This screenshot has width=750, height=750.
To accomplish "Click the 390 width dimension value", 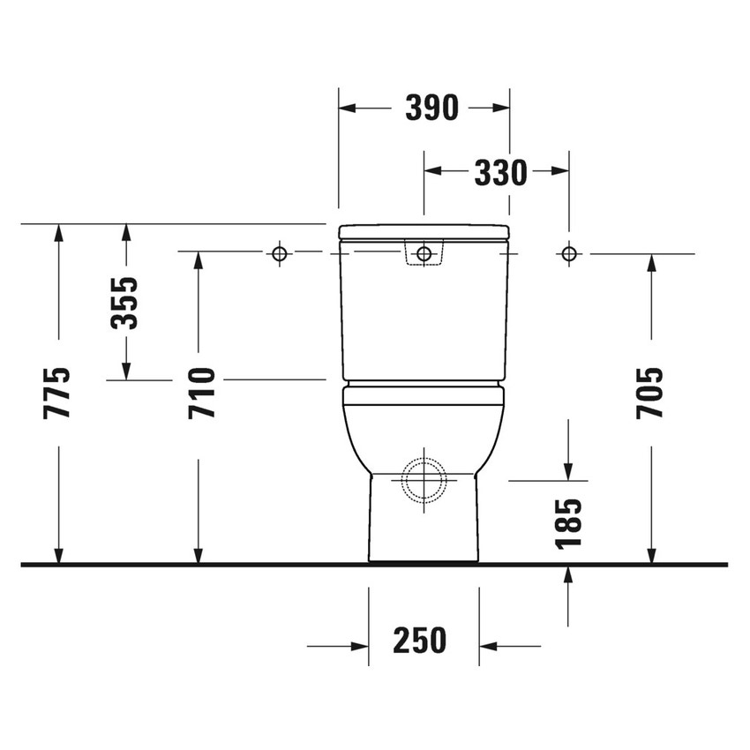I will click(431, 108).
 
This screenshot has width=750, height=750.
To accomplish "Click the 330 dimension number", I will click(500, 173).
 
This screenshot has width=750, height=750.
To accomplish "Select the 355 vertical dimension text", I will click(126, 303).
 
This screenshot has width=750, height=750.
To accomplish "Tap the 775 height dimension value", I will click(58, 393).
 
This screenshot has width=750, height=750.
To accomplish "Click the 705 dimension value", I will click(651, 393).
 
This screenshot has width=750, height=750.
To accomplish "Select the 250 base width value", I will click(420, 640).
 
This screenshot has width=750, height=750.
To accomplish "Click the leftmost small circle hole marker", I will click(280, 254).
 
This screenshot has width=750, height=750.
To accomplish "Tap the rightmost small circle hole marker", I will click(569, 254).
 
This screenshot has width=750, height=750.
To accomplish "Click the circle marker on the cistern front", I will click(424, 254).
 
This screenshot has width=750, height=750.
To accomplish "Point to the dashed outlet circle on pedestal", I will click(424, 482).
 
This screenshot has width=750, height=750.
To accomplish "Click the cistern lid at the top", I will click(424, 232).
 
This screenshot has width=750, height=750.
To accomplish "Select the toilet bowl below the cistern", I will click(424, 424).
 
